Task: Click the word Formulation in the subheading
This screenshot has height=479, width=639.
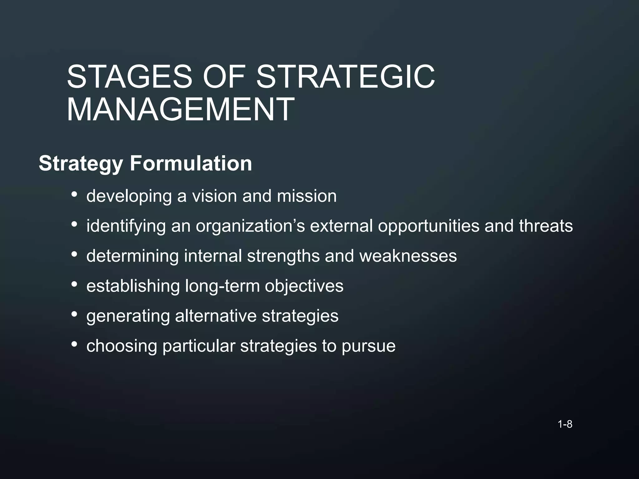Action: [191, 163]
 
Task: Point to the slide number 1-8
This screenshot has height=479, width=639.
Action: [565, 424]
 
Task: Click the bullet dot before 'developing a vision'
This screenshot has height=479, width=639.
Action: [74, 195]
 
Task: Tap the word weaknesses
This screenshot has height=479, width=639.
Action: [408, 256]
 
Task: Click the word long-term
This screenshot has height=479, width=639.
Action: [222, 286]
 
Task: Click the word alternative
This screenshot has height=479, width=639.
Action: [216, 316]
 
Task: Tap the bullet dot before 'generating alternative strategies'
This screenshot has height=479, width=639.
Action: [74, 315]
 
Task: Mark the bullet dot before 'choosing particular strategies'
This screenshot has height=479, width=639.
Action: [74, 345]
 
